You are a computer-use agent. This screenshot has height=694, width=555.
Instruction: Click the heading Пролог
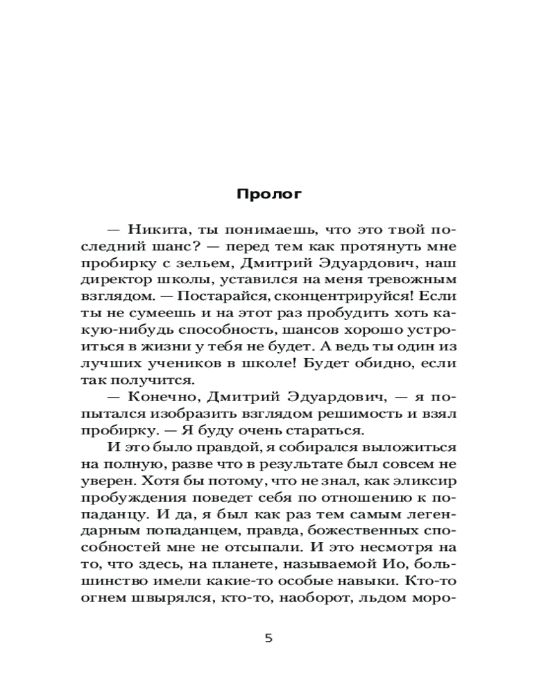[269, 194]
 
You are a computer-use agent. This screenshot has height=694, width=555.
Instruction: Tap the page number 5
[269, 638]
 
